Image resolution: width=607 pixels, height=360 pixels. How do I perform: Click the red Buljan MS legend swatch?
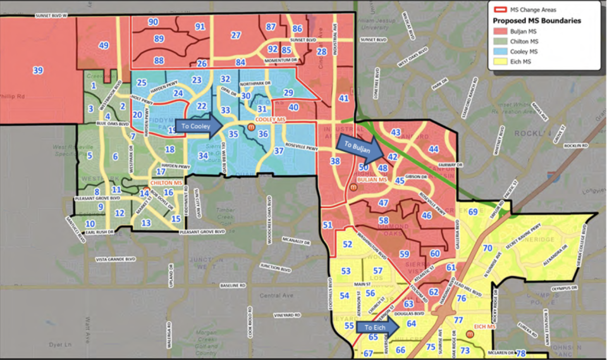click(499, 31)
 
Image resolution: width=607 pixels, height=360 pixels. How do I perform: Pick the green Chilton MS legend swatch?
click(499, 41)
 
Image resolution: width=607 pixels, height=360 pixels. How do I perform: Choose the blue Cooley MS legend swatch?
click(499, 51)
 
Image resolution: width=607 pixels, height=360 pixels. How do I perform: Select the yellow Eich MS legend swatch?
click(499, 61)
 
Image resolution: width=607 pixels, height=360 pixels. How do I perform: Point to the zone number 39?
click(38, 70)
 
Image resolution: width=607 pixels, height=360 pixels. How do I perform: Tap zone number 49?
click(104, 46)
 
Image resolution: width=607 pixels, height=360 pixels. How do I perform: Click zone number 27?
click(236, 35)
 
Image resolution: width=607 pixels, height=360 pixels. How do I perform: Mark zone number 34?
click(203, 156)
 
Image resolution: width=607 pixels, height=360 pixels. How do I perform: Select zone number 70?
click(487, 249)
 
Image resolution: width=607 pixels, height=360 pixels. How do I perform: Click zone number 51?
click(327, 225)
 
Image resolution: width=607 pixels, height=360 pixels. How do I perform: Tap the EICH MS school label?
click(487, 328)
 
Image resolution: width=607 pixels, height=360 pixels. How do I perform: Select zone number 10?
click(90, 224)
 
